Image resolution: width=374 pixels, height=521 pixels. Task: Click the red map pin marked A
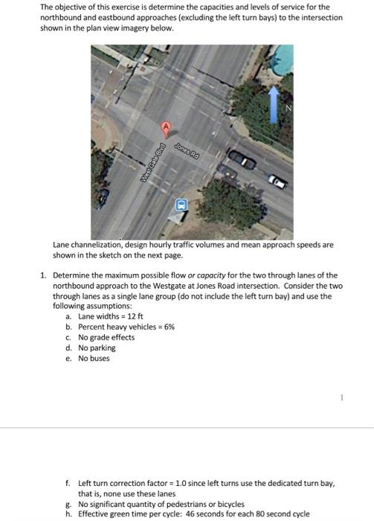(167, 127)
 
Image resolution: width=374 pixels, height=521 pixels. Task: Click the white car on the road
(277, 181)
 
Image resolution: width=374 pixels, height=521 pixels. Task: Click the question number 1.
(44, 275)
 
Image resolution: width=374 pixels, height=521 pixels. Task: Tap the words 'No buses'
(94, 357)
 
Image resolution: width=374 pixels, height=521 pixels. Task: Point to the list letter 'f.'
(68, 483)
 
